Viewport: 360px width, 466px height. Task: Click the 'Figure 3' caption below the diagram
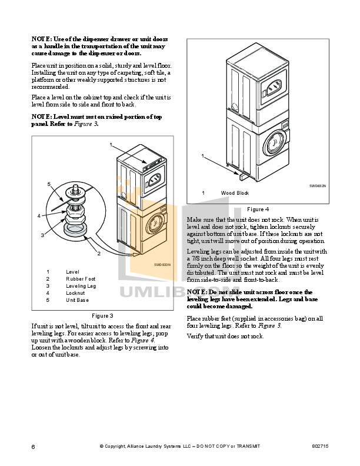coord(102,316)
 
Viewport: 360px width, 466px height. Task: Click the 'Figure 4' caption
coord(258,209)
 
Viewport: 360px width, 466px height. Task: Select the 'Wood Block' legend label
coord(235,193)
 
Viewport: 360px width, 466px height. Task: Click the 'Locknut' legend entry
coord(75,293)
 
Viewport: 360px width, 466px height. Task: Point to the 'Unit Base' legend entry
coord(78,300)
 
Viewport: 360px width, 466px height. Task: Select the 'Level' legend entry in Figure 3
coord(73,272)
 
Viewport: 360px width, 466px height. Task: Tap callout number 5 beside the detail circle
coord(49,184)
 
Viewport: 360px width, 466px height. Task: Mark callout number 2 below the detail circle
coord(98,254)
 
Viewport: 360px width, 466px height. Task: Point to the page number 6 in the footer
coord(34,448)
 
